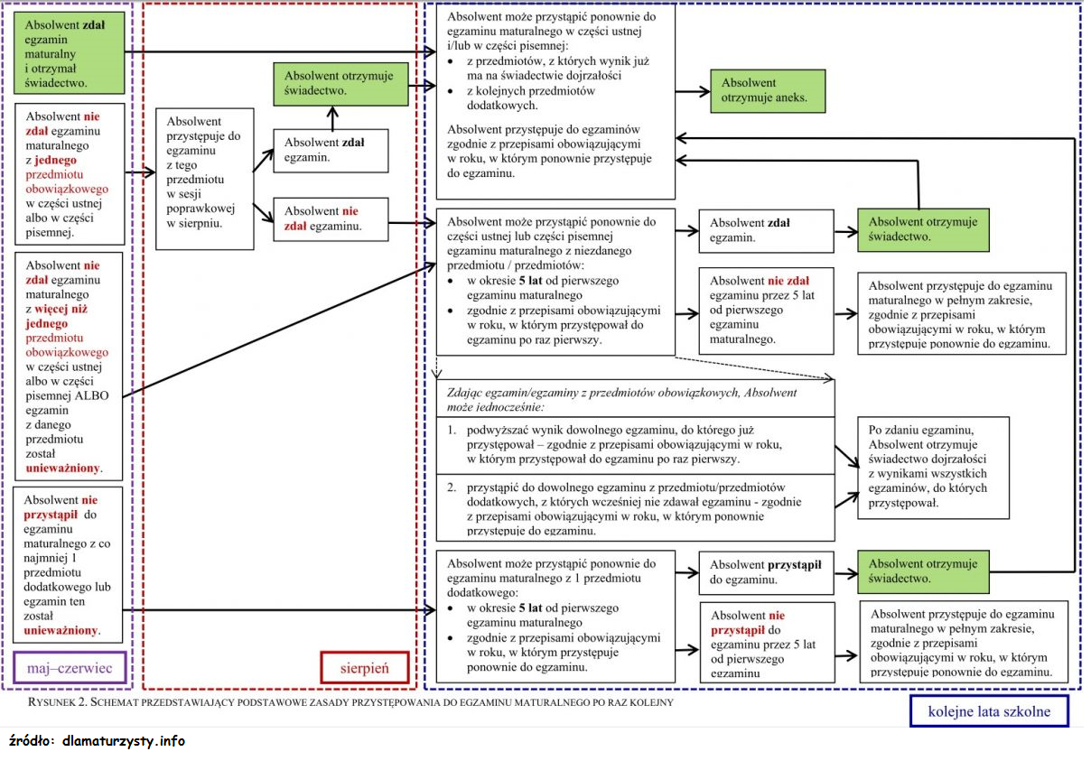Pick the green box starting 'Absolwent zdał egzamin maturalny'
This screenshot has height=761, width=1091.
[70, 53]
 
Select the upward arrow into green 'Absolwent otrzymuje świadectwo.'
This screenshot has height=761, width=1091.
[332, 119]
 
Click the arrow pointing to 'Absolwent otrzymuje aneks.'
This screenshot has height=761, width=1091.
[693, 92]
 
